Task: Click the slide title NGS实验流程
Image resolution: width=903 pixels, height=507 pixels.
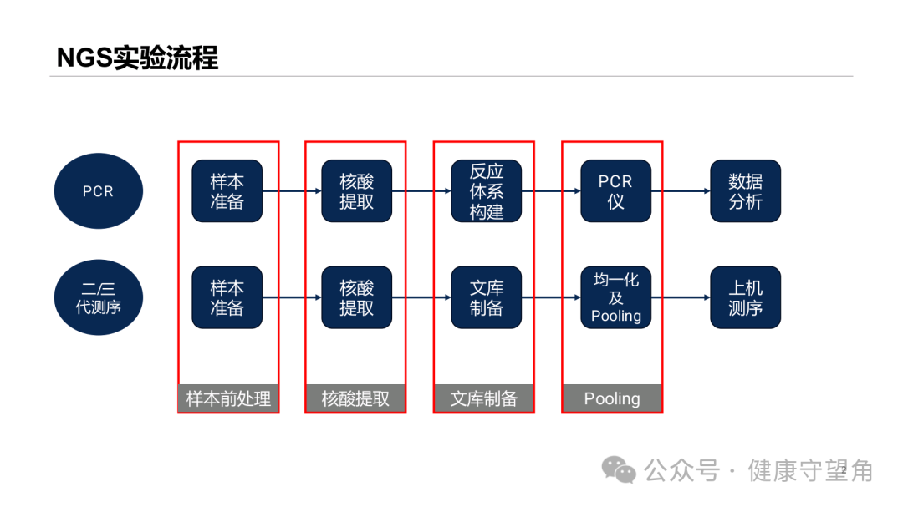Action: [x=137, y=58]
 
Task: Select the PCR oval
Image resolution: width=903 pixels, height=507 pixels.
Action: [x=99, y=191]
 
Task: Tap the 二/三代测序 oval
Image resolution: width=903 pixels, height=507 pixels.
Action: [x=99, y=297]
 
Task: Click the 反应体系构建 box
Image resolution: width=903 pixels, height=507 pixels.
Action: [x=486, y=191]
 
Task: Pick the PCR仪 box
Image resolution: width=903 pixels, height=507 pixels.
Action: [x=615, y=191]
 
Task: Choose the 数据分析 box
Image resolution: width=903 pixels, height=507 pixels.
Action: [x=745, y=191]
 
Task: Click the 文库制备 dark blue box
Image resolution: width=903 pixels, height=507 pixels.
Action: [x=486, y=297]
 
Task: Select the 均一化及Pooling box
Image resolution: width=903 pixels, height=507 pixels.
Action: [x=615, y=297]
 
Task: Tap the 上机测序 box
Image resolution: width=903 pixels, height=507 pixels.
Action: [x=745, y=297]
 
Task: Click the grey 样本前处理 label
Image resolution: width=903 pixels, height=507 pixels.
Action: [x=228, y=398]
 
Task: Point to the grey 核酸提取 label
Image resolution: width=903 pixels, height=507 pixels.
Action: [x=355, y=398]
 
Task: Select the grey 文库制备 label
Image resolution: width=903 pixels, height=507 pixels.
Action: [x=484, y=398]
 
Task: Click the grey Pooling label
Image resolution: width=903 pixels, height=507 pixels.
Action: [x=612, y=398]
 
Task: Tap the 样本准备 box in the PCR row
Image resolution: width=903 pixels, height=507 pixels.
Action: [x=227, y=191]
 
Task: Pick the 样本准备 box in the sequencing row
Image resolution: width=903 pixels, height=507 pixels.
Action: [x=227, y=297]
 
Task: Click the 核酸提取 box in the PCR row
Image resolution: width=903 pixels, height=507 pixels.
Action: [x=356, y=191]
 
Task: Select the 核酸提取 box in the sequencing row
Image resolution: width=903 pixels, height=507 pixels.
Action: [x=356, y=297]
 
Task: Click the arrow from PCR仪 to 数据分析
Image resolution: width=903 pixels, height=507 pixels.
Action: [x=681, y=191]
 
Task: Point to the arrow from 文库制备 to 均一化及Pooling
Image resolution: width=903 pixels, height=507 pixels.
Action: [x=551, y=297]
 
